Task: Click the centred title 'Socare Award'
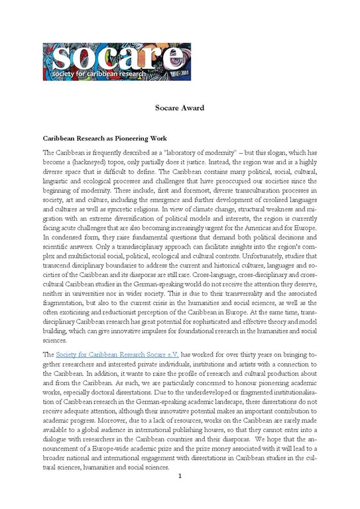click(x=180, y=107)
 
